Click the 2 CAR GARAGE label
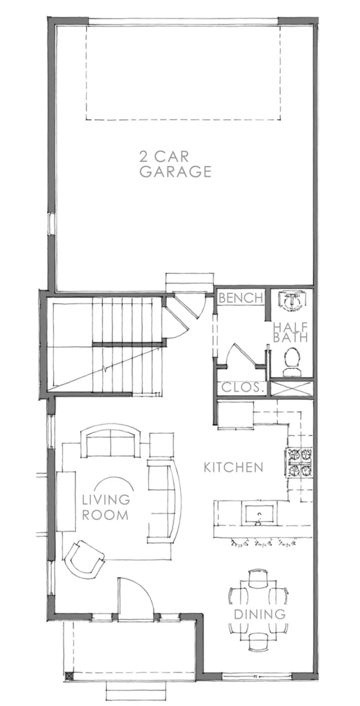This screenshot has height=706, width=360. (175, 165)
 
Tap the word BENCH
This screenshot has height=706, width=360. (241, 299)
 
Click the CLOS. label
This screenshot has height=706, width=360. (241, 387)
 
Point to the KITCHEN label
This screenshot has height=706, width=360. (233, 467)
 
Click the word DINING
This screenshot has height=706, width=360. (259, 614)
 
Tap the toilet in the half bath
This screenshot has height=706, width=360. (292, 362)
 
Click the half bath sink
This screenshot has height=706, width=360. (292, 300)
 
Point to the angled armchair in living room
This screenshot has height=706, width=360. (85, 557)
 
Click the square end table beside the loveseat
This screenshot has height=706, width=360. (162, 443)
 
